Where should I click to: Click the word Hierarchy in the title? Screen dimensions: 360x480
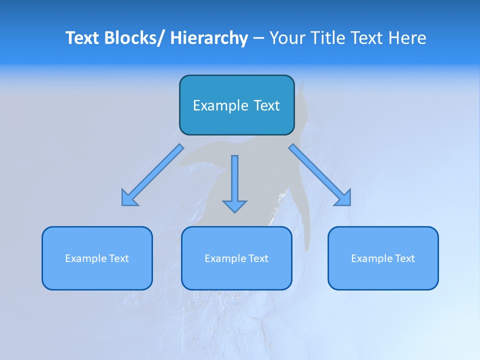coord(209,38)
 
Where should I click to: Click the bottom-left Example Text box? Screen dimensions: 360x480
coord(97,258)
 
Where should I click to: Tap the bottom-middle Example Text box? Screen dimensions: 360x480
coord(236,258)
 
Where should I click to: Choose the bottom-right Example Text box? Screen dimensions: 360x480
coord(383,258)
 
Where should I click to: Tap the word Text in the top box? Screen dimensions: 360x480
coord(266,105)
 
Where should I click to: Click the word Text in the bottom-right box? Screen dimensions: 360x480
coord(404,258)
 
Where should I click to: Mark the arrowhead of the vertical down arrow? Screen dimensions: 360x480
coord(234,205)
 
